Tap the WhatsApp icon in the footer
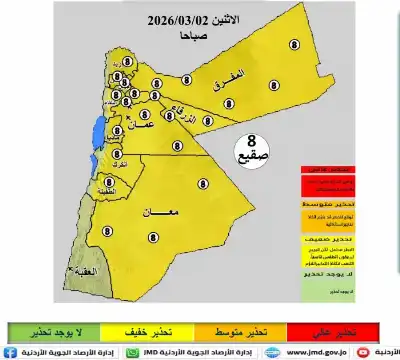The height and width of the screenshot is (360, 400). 132,352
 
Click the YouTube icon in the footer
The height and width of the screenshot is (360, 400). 390,352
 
